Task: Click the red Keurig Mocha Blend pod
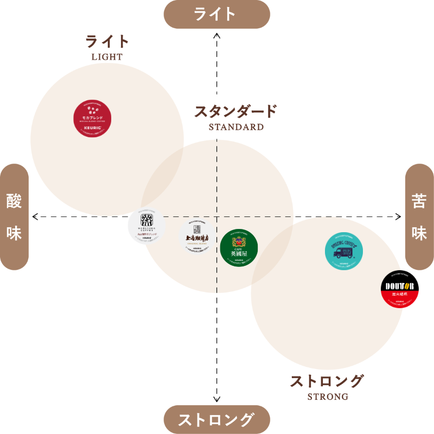92,119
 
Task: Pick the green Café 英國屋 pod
239,248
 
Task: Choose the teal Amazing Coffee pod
343,251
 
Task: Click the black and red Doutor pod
400,288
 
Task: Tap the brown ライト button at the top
216,14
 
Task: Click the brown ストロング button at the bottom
216,419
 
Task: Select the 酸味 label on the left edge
14,217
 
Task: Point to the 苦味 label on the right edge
419,217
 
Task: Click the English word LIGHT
107,56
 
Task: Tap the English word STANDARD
236,127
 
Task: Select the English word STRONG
328,397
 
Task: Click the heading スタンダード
236,112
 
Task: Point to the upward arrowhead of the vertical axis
217,35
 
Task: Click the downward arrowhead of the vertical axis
217,399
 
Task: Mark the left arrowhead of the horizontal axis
35,217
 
